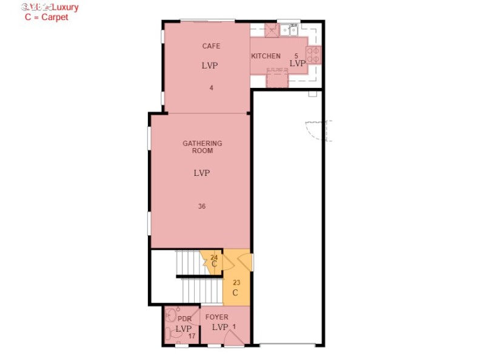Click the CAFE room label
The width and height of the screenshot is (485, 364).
click(211, 46)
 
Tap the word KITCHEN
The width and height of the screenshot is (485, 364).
click(266, 56)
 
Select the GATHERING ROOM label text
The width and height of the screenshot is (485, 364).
click(202, 147)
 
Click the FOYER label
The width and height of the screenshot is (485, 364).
click(216, 317)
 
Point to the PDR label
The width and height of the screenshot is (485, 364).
click(184, 319)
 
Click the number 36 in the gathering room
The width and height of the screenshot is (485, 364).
click(202, 206)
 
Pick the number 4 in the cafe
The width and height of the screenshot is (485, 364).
click(211, 88)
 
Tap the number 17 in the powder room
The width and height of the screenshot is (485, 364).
click(192, 336)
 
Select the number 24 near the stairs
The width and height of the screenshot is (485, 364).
click(214, 257)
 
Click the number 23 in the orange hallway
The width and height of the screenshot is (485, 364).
click(236, 282)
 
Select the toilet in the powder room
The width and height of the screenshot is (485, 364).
click(169, 333)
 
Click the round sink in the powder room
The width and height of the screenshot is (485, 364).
click(171, 315)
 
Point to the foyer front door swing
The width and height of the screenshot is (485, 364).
click(233, 339)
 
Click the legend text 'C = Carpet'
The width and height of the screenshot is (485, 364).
click(46, 18)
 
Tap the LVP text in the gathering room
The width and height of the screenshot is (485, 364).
click(202, 173)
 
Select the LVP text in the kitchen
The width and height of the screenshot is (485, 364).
click(298, 64)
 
